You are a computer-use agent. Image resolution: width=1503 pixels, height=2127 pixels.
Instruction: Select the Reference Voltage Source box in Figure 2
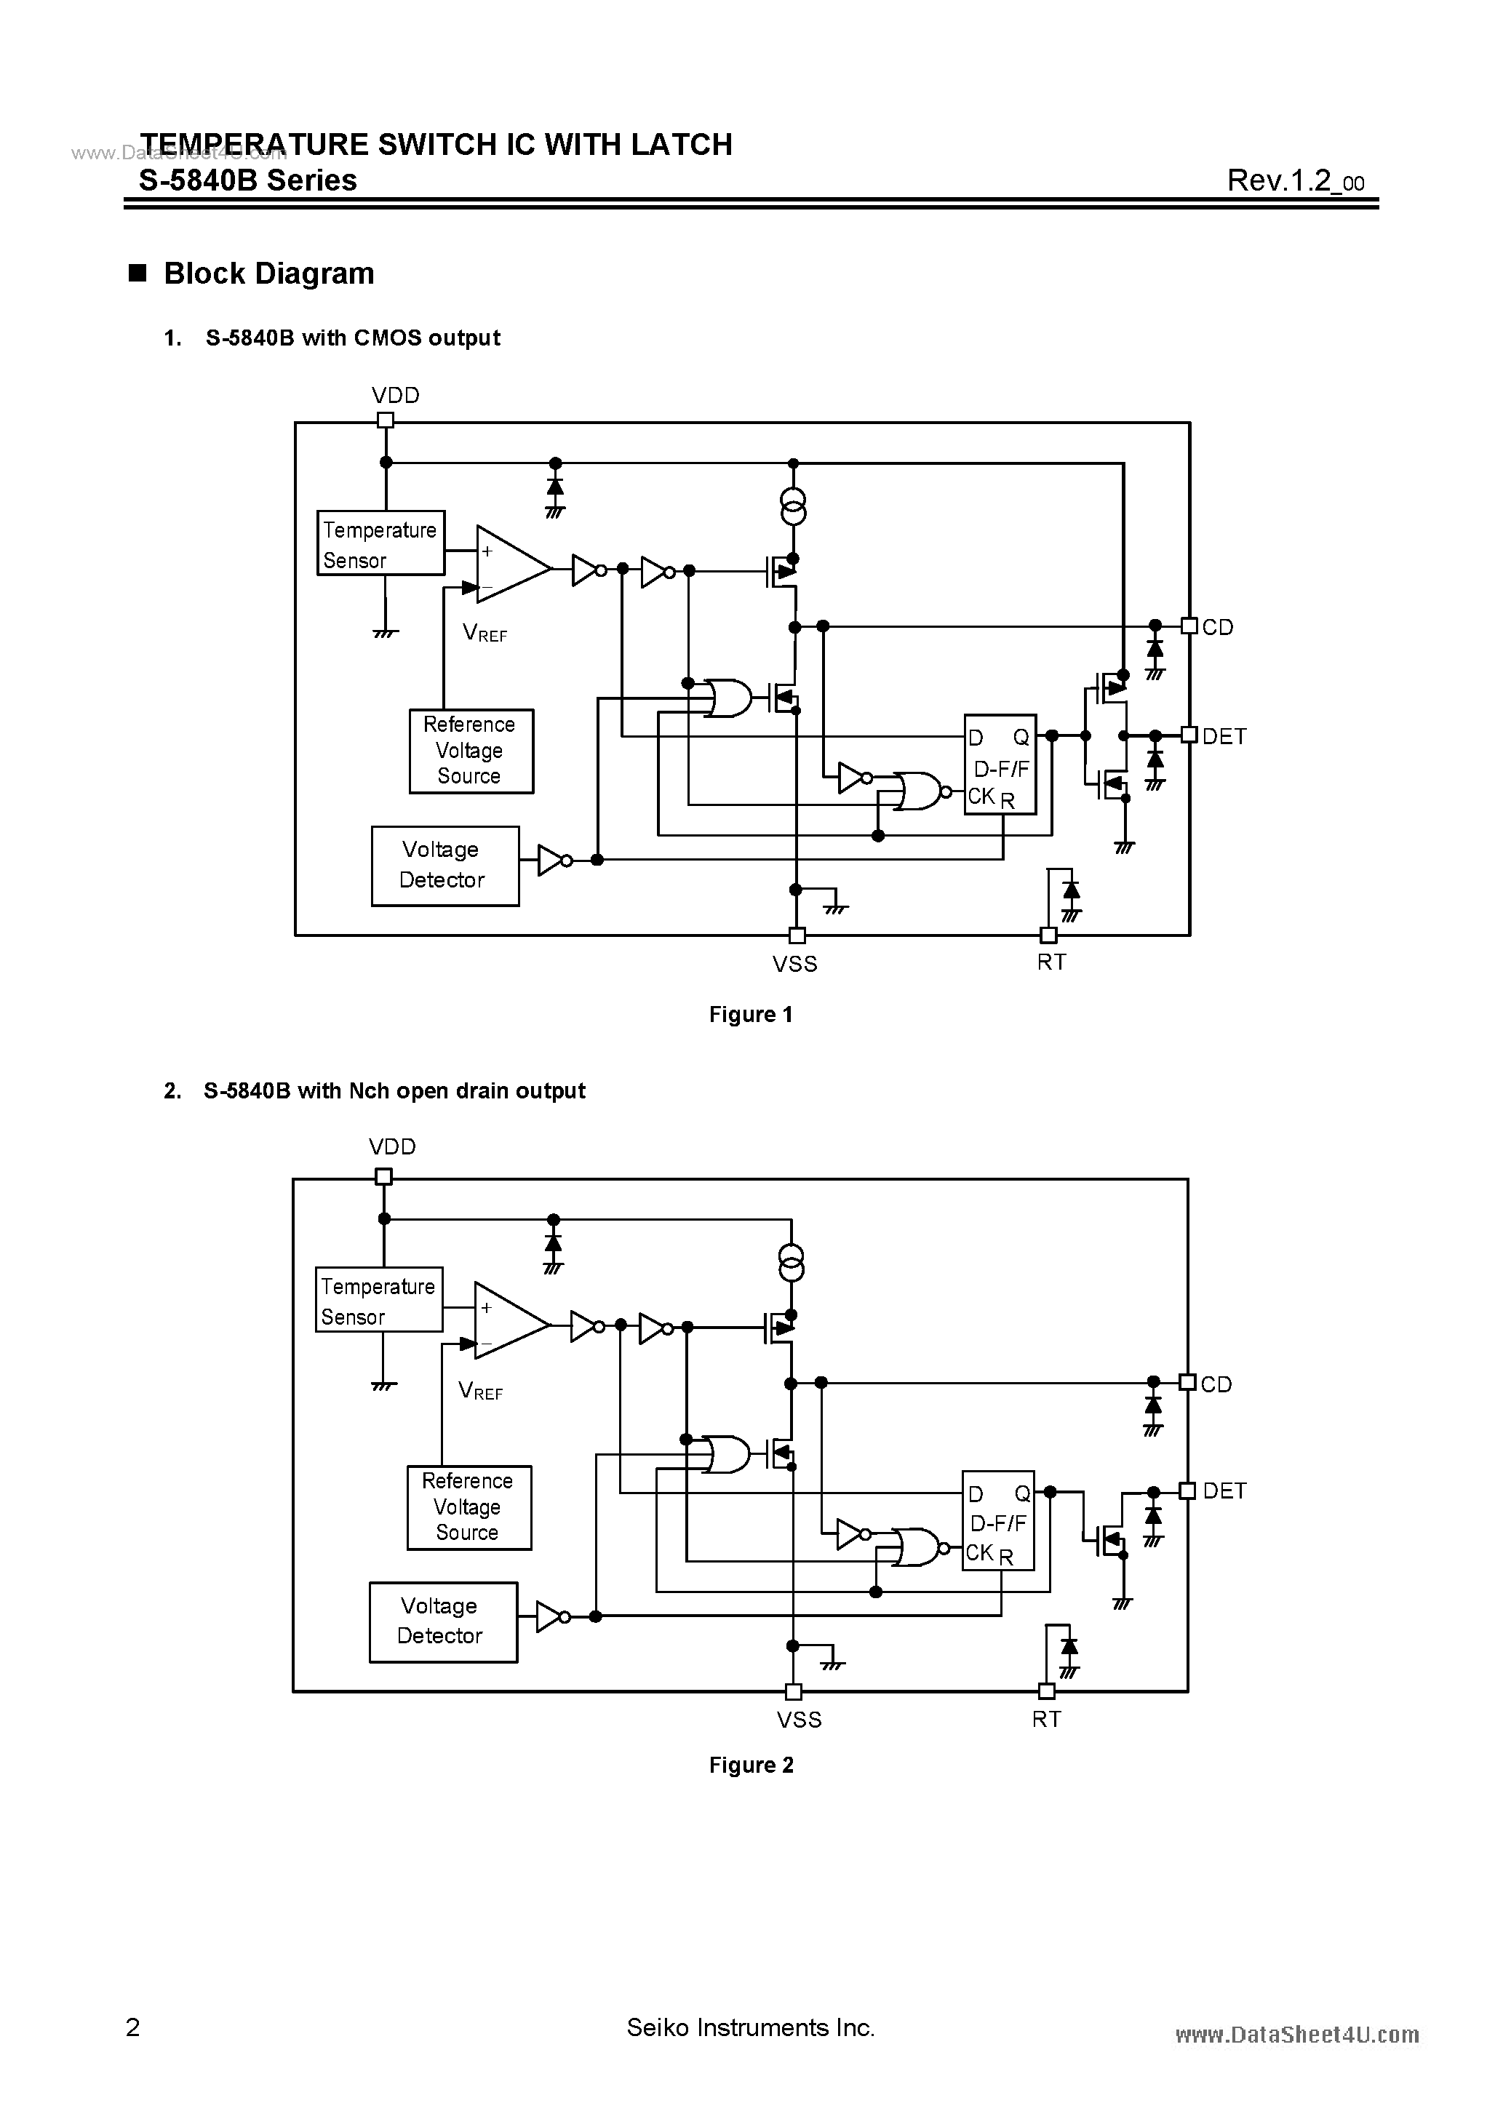coord(469,1507)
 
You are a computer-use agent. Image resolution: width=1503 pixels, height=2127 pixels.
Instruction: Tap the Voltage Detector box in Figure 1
coord(444,865)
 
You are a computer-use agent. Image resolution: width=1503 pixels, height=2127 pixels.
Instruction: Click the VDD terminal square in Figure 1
coord(386,420)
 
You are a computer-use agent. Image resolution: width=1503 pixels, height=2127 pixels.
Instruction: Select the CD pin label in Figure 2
coord(1216,1384)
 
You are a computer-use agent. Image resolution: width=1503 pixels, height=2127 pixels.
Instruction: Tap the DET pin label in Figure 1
coord(1224,736)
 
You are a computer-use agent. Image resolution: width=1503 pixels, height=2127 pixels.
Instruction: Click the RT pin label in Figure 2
coord(1046,1720)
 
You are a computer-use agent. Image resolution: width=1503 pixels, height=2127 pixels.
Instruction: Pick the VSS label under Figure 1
coord(795,965)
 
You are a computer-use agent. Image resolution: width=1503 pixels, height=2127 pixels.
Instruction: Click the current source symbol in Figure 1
coord(793,508)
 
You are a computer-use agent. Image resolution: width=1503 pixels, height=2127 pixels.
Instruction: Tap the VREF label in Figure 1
coord(485,634)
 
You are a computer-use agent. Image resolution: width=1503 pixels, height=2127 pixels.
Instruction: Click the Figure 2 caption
coord(751,1765)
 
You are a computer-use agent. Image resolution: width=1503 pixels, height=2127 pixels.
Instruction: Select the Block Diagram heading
coord(268,274)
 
